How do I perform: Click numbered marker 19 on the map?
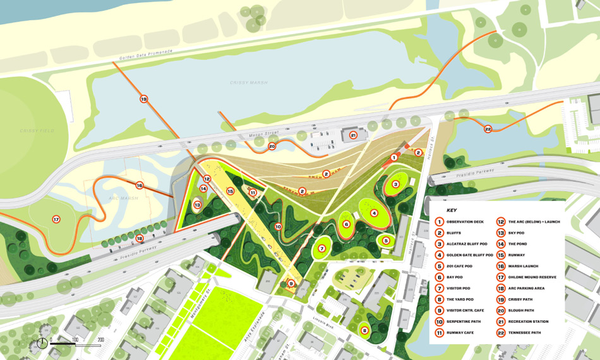pyautogui.click(x=143, y=99)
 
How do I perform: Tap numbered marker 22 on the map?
pyautogui.click(x=488, y=129)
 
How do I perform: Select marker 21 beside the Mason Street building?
pyautogui.click(x=354, y=135)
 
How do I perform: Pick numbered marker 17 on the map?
pyautogui.click(x=56, y=219)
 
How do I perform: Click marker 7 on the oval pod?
pyautogui.click(x=321, y=248)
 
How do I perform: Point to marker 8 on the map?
pyautogui.click(x=364, y=330)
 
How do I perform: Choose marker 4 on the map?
pyautogui.click(x=374, y=213)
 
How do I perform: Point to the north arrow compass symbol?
pyautogui.click(x=42, y=343)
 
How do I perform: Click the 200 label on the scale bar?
pyautogui.click(x=100, y=340)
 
